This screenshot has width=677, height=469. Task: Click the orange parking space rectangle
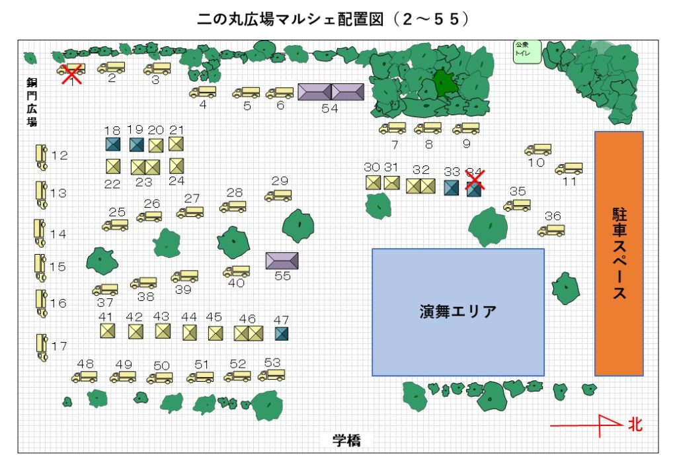(619, 253)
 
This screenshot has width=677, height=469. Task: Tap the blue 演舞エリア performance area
(458, 312)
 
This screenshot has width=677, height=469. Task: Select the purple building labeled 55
(282, 261)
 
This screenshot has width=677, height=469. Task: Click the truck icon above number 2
(111, 67)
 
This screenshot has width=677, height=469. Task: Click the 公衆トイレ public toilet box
(528, 52)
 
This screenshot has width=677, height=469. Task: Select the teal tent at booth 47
(282, 333)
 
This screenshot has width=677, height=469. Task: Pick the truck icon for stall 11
(569, 168)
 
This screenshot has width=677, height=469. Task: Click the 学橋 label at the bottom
(346, 441)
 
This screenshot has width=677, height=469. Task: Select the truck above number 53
(271, 375)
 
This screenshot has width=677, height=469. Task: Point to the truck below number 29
(278, 196)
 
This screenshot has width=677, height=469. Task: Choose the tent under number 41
(107, 331)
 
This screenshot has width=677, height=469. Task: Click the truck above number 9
(466, 128)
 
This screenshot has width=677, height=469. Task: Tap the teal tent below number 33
(452, 188)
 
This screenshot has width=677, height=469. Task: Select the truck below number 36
(551, 230)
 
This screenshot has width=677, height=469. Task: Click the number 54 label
(329, 109)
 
